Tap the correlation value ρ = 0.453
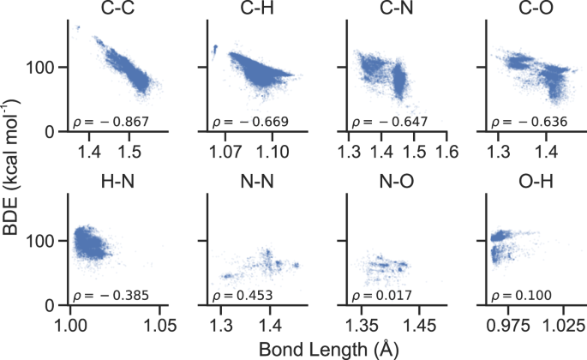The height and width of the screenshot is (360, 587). point(242,296)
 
